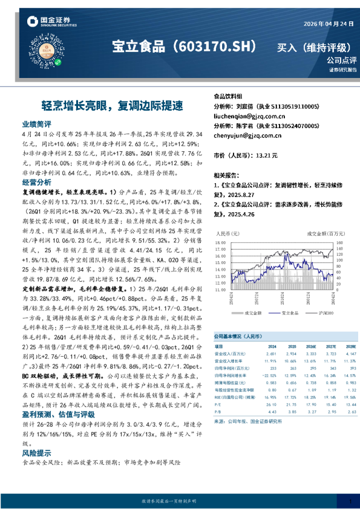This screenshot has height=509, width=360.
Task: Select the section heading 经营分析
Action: [x=36, y=182]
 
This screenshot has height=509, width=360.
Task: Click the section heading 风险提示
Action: [x=36, y=452]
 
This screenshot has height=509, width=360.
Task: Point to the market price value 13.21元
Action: [x=266, y=156]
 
